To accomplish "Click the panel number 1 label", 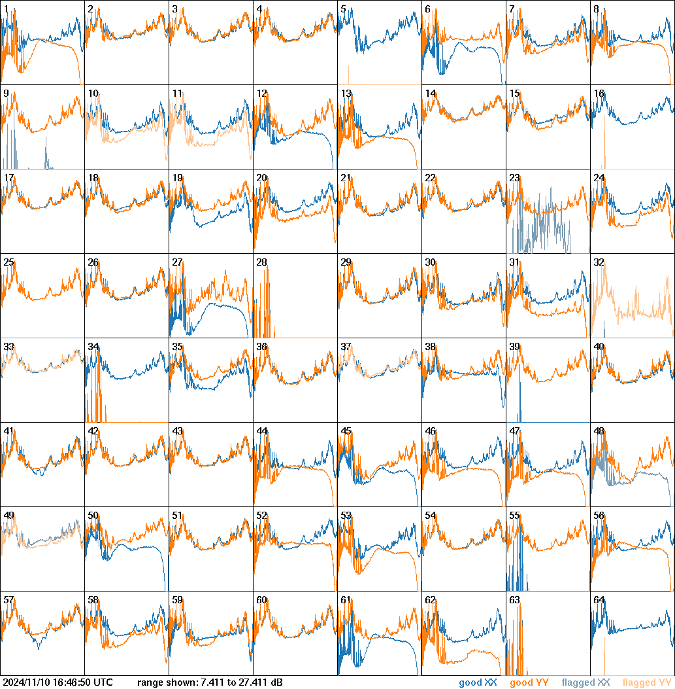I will pyautogui.click(x=6, y=9).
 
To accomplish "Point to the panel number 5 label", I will pyautogui.click(x=343, y=9).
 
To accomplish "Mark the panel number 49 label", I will pyautogui.click(x=8, y=516).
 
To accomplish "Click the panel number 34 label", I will pyautogui.click(x=93, y=347).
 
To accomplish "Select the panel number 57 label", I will pyautogui.click(x=8, y=600).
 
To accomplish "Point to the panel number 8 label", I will pyautogui.click(x=596, y=9).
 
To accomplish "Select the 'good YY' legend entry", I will pyautogui.click(x=529, y=683).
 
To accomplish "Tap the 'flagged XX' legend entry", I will pyautogui.click(x=585, y=683).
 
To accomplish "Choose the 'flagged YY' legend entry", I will pyautogui.click(x=647, y=683).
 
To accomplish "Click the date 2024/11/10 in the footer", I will pyautogui.click(x=25, y=683).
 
